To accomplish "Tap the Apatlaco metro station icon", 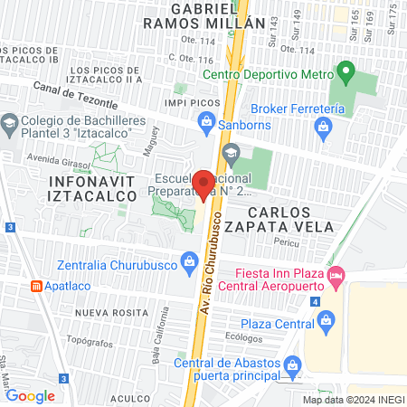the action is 36,286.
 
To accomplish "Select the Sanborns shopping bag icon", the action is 205,120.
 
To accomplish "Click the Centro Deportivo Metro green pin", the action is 345,71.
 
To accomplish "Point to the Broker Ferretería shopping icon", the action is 322,128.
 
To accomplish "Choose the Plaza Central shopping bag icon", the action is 327,320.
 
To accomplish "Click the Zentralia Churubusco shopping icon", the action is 189,263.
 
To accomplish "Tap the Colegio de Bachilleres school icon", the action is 9,123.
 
